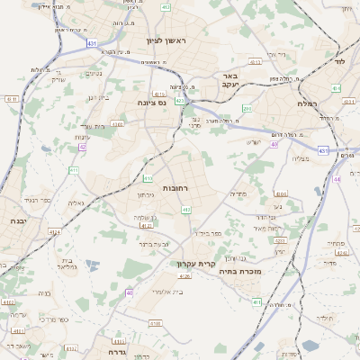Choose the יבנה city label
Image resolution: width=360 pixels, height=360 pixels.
click(x=17, y=220)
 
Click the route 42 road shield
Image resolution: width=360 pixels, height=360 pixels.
click(x=82, y=146)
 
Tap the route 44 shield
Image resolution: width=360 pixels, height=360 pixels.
click(x=337, y=179)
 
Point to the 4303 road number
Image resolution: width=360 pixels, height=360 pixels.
click(x=255, y=63)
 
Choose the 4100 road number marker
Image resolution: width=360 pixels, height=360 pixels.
click(x=155, y=322)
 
